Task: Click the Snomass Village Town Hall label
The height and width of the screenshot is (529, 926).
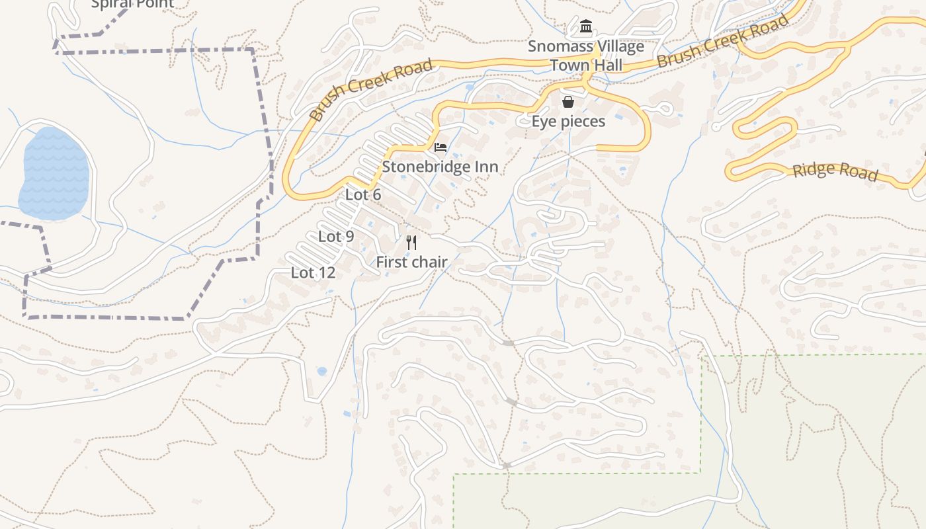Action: coord(586,56)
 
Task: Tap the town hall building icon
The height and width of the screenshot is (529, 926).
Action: coord(586,26)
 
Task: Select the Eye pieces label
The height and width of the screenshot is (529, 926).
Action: coord(568,122)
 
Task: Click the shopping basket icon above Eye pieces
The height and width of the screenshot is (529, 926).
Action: coord(568,102)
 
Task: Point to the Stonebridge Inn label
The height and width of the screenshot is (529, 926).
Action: coord(440,167)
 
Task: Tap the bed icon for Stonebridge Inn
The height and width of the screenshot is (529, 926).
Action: coord(441,147)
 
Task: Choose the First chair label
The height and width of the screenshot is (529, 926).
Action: coord(411,263)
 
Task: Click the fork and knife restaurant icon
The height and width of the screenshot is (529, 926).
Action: coord(411,243)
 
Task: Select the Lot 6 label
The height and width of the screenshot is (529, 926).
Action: coord(363,194)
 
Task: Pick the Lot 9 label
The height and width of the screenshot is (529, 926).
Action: coord(336,236)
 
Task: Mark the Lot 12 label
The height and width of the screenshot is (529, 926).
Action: coord(313,272)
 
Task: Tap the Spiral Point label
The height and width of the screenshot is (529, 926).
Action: coord(132,4)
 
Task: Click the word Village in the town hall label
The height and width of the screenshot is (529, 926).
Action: coord(618,47)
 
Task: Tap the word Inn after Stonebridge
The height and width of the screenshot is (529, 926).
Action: coord(486,167)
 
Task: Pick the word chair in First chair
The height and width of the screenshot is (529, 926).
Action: coord(431,263)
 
